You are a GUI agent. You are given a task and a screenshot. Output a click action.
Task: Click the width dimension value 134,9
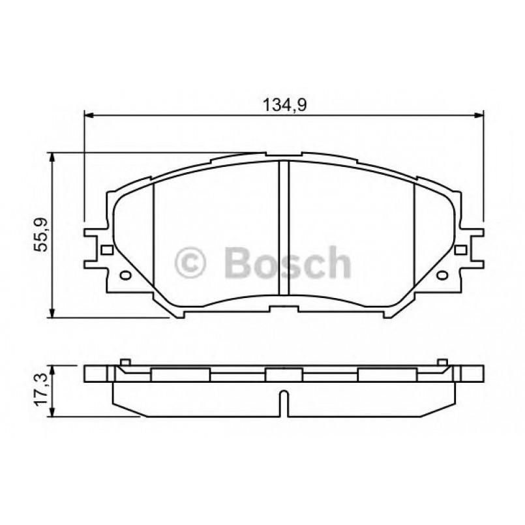coord(284,104)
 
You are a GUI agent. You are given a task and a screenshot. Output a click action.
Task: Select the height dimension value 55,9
coord(41,235)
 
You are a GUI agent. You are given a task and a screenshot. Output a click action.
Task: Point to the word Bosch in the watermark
coord(287,262)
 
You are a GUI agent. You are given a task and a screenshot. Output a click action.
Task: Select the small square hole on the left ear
coord(106,250)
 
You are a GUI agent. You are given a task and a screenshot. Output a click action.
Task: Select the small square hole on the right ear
coord(460,250)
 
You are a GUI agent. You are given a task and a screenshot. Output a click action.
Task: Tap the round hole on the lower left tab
coord(125,275)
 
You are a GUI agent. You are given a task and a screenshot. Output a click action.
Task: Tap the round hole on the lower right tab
coord(442,275)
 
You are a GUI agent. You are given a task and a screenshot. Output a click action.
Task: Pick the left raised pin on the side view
coord(125,363)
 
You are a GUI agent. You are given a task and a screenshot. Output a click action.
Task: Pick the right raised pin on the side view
coord(442,363)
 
